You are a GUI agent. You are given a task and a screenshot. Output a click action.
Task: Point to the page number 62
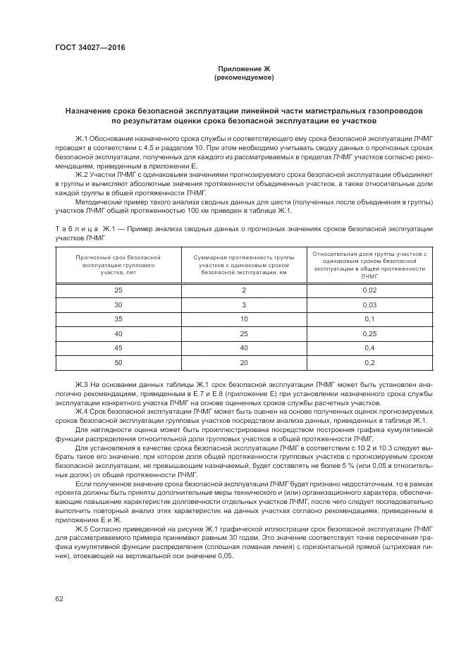pos(59,598)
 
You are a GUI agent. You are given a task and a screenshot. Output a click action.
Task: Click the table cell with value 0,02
pos(369,290)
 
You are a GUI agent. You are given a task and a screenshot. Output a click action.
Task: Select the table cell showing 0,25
pos(369,333)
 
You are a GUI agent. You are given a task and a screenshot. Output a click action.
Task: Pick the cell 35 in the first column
pos(118,319)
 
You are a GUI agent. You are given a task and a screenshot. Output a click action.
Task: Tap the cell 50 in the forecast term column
pos(118,362)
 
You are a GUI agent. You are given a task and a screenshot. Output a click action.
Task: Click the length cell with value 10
pos(244,319)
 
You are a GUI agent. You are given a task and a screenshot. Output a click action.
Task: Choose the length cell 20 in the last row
pos(244,362)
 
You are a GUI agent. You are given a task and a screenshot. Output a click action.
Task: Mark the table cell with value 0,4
pos(369,348)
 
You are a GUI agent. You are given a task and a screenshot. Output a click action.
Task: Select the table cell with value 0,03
pos(369,305)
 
